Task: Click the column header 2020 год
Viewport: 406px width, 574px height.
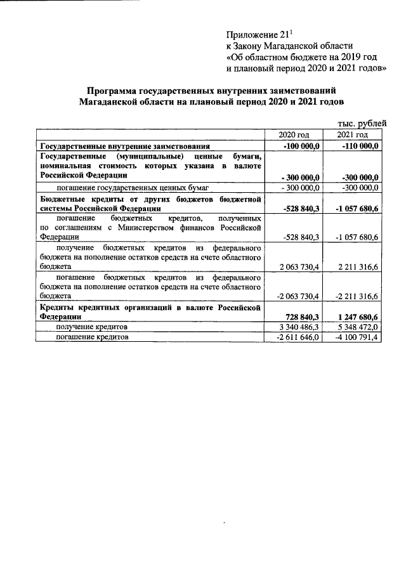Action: (294, 135)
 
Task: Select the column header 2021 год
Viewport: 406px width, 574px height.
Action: (352, 135)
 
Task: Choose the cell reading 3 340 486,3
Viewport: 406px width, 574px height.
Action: (299, 327)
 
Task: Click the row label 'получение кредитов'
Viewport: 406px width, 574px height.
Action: (92, 327)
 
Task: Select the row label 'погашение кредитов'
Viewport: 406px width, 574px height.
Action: (93, 337)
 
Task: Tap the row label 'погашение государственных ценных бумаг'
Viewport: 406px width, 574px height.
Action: (133, 187)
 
